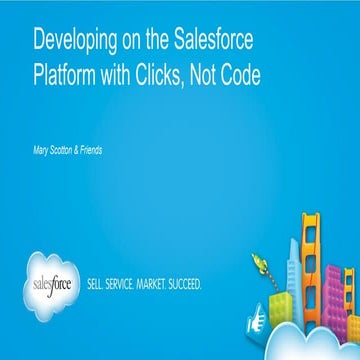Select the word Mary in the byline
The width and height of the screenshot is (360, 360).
click(43, 150)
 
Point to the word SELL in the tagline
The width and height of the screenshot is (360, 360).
click(101, 283)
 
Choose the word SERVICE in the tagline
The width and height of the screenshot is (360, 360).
click(132, 283)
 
